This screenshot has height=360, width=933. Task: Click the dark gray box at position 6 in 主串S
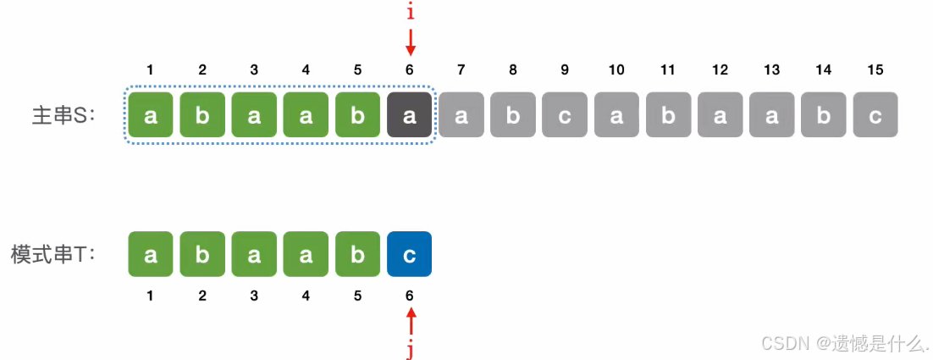409,115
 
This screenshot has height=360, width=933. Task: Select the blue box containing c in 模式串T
409,254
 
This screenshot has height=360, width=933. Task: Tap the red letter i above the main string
410,13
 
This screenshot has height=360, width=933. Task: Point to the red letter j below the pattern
410,349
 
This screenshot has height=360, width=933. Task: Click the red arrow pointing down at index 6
410,42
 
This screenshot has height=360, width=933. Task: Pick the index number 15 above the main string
875,70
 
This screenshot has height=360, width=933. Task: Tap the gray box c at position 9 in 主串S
565,115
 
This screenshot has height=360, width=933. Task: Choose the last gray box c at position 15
875,115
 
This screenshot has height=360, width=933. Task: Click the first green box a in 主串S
151,115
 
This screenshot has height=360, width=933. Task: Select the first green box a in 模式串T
151,254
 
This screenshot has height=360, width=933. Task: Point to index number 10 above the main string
616,70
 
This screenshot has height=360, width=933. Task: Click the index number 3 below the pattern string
254,296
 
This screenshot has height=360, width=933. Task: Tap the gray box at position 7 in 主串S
461,115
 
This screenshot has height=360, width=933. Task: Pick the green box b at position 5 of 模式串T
357,254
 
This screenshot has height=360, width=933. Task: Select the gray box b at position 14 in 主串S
824,115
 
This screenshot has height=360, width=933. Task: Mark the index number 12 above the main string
720,70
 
